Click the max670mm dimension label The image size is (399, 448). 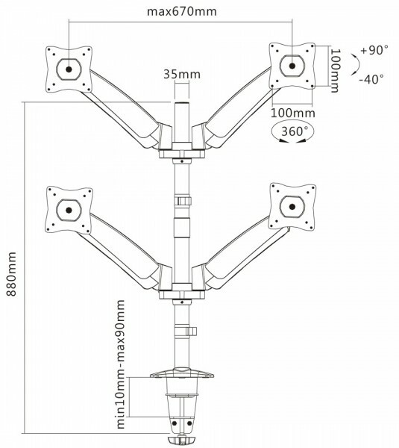pos(182,12)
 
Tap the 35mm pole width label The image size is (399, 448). pos(182,74)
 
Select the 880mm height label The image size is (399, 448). pos(11,274)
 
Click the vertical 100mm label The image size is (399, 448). pos(335,70)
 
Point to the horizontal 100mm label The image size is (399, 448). pos(293,113)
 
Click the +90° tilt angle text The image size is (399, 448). pos(374,50)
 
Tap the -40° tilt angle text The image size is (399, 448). pos(371,79)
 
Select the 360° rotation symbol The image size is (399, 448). pos(292,133)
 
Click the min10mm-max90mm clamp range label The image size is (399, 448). pos(121,364)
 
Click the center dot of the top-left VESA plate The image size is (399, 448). pos(69,69)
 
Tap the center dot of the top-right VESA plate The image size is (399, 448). pos(292,66)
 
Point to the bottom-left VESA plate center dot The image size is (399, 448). pos(69,211)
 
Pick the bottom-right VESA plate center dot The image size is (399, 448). pos(292,206)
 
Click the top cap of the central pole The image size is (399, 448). pos(182,103)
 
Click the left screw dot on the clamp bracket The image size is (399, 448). pos(175,423)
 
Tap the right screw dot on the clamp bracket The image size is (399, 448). pos(189,423)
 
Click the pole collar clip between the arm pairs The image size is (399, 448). pos(183,201)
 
